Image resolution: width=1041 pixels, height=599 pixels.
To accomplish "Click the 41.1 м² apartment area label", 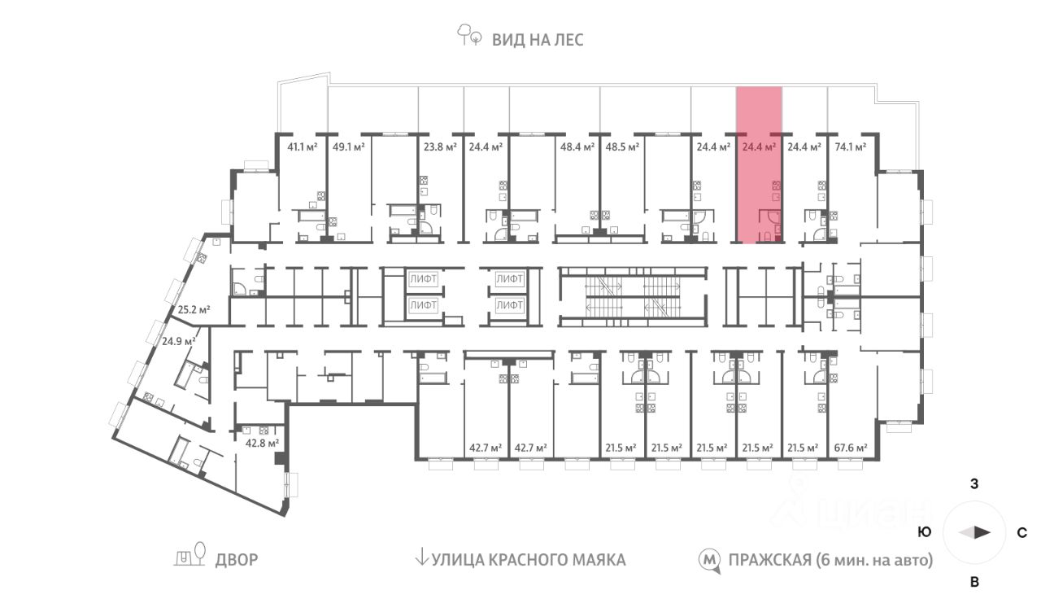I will click(302, 147).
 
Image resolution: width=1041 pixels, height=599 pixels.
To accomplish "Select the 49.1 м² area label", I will click(347, 147).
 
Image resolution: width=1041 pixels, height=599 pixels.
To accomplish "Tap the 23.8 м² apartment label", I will click(440, 147).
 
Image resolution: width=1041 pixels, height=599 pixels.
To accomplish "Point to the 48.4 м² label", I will click(576, 147).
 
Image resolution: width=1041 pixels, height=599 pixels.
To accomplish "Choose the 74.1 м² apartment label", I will click(850, 147).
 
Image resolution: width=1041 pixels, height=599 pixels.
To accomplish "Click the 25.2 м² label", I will click(194, 309).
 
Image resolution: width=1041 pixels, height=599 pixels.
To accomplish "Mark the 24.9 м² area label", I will click(179, 341).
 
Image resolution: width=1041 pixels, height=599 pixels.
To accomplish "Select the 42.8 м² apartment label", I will click(262, 443).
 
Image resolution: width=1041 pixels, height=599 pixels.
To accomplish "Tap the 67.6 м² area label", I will click(850, 448).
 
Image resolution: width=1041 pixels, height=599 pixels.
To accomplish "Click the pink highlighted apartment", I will click(759, 187).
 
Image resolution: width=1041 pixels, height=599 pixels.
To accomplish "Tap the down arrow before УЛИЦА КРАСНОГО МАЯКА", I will click(421, 557).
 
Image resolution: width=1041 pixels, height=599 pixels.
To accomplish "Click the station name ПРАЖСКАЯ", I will click(769, 560).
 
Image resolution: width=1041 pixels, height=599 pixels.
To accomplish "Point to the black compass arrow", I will click(982, 532).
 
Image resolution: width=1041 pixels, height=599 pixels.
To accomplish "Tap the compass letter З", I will click(974, 484).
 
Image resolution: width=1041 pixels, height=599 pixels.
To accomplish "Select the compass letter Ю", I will click(924, 533).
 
